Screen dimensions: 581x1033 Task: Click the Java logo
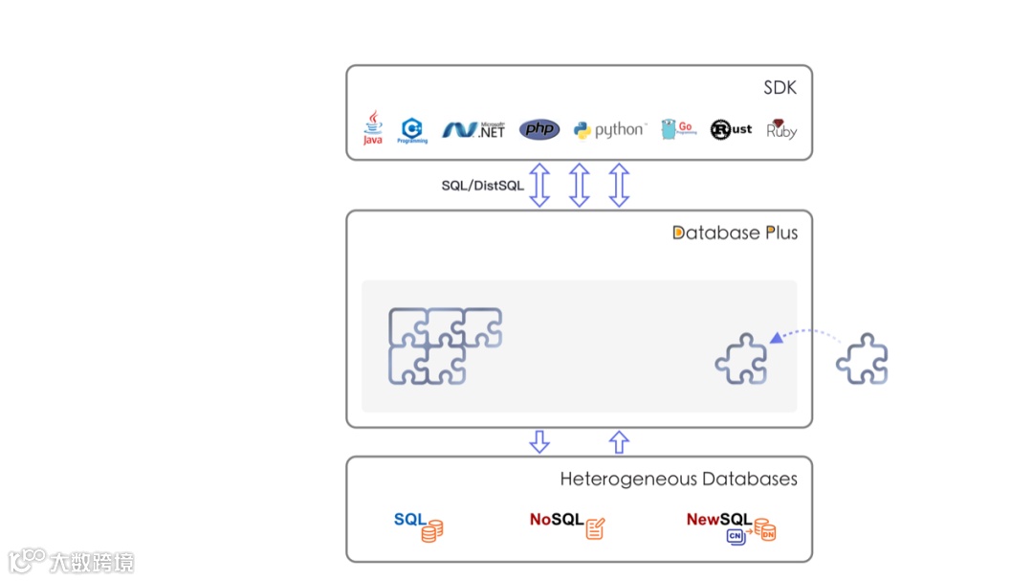[372, 128]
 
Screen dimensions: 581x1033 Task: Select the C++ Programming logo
[413, 130]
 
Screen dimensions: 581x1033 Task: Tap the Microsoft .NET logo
[473, 130]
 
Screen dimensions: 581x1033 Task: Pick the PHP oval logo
[539, 129]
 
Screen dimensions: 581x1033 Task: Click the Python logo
[609, 130]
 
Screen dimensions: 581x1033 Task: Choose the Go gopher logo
[678, 129]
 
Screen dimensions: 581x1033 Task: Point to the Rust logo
[731, 129]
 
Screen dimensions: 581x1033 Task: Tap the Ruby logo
[781, 129]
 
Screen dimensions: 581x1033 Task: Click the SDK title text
[780, 88]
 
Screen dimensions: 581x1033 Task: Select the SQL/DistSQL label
[482, 186]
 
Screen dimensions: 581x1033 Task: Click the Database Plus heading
[735, 233]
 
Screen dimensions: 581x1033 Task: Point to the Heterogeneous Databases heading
[678, 479]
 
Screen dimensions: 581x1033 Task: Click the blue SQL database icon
[419, 525]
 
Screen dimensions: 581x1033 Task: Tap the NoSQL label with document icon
[567, 524]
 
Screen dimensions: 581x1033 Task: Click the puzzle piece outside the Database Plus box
[862, 359]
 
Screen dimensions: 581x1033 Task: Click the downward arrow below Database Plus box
[539, 441]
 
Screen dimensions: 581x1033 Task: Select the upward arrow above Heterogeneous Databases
[619, 441]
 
